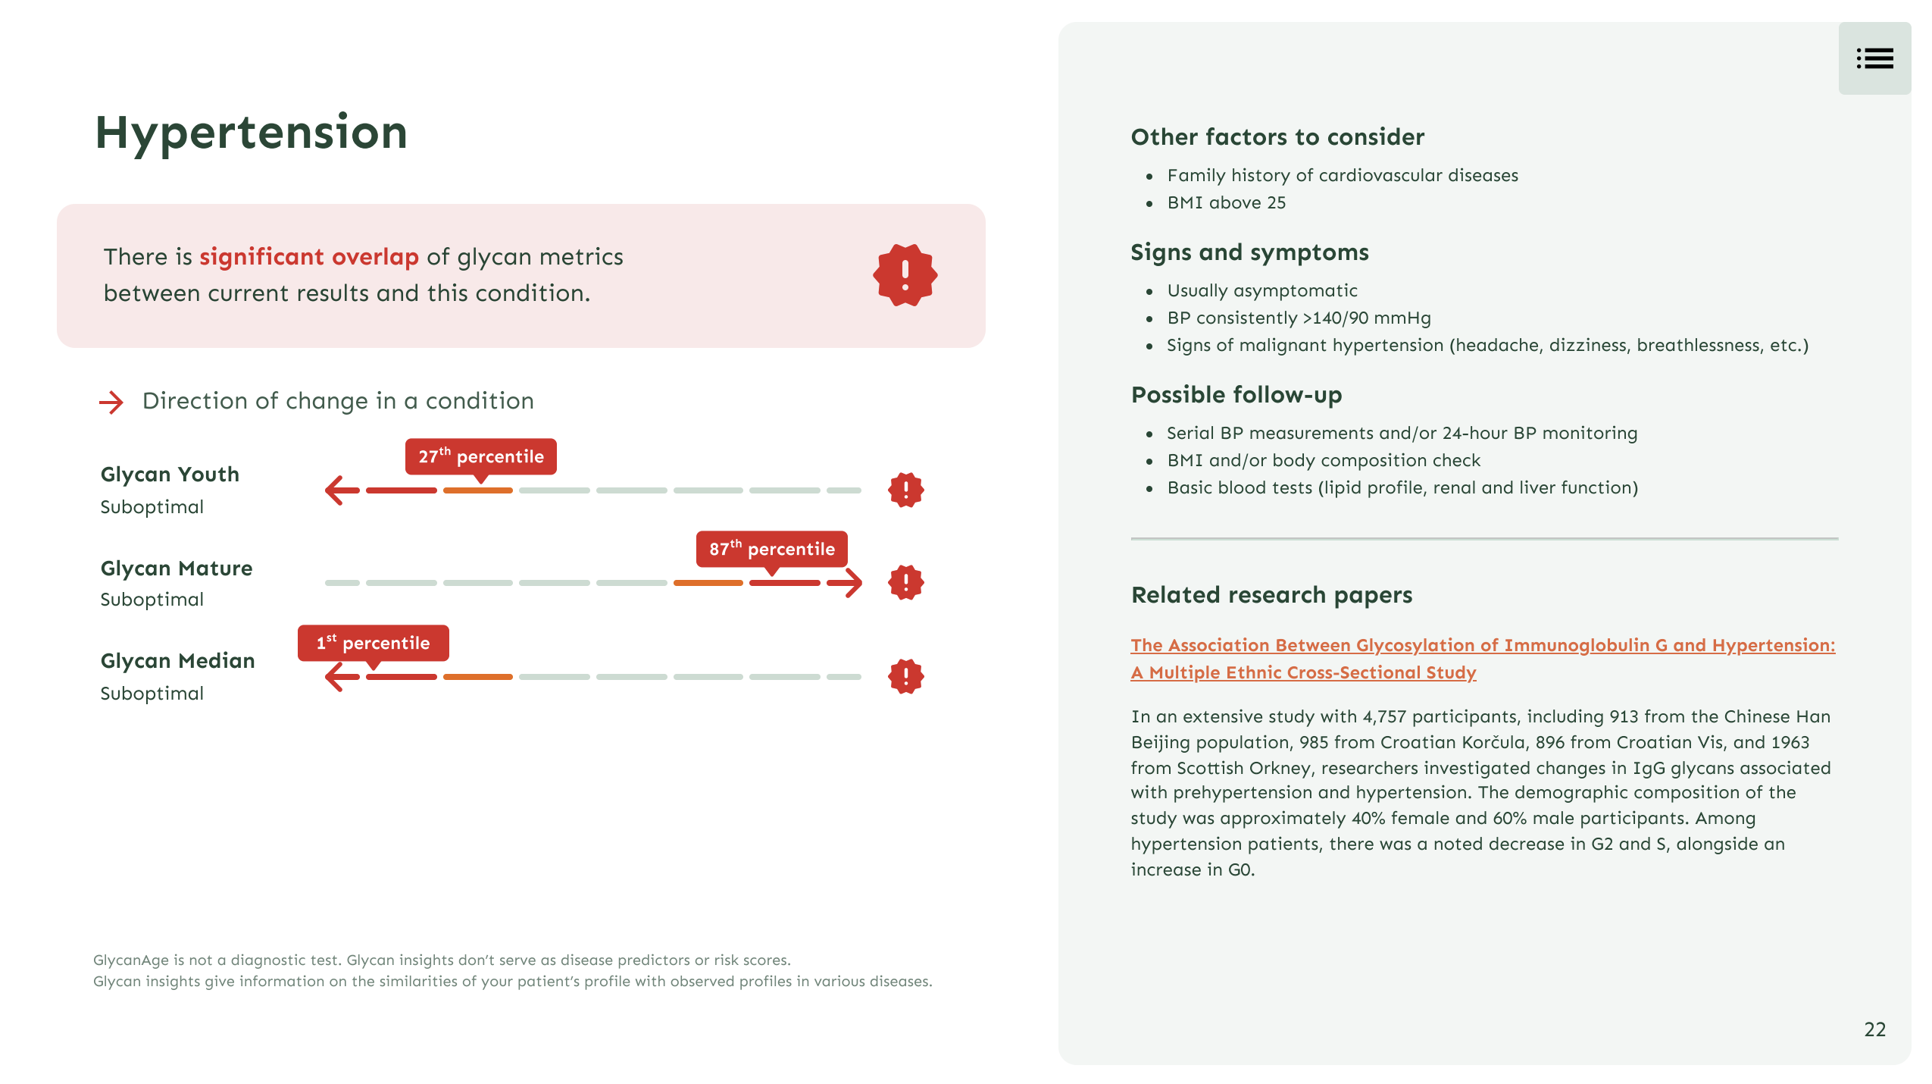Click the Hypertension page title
point(251,133)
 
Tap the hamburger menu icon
point(1874,58)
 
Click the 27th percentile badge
point(480,456)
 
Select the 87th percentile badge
point(771,549)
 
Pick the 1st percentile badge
point(373,643)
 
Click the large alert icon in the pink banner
point(905,275)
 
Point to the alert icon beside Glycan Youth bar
point(905,490)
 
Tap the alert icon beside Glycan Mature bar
point(905,583)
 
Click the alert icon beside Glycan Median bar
point(905,676)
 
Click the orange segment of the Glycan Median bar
point(477,677)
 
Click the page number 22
point(1874,1029)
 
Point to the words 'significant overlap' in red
point(308,257)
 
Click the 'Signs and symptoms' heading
point(1249,252)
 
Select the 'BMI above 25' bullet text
point(1226,202)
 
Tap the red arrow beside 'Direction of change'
point(111,402)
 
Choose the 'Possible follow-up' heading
point(1236,395)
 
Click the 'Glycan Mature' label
point(177,568)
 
